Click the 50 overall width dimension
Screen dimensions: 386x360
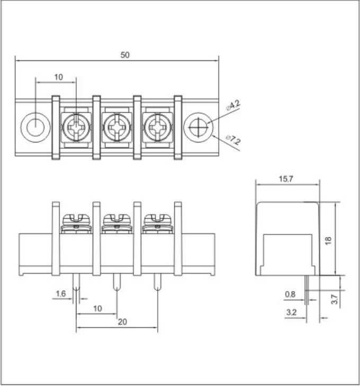125,55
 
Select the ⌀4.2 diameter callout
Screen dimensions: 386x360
233,105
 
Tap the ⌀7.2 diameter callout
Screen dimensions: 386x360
233,140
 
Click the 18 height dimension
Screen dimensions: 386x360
328,240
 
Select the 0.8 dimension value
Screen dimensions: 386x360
290,294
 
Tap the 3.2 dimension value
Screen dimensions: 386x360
291,313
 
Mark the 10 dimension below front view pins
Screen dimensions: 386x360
97,308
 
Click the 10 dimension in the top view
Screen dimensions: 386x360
58,77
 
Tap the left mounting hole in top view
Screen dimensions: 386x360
35,127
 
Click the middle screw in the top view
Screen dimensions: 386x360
116,127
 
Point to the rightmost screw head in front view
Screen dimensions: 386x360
157,219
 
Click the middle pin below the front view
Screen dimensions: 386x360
116,282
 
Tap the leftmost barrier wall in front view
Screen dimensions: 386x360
56,238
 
